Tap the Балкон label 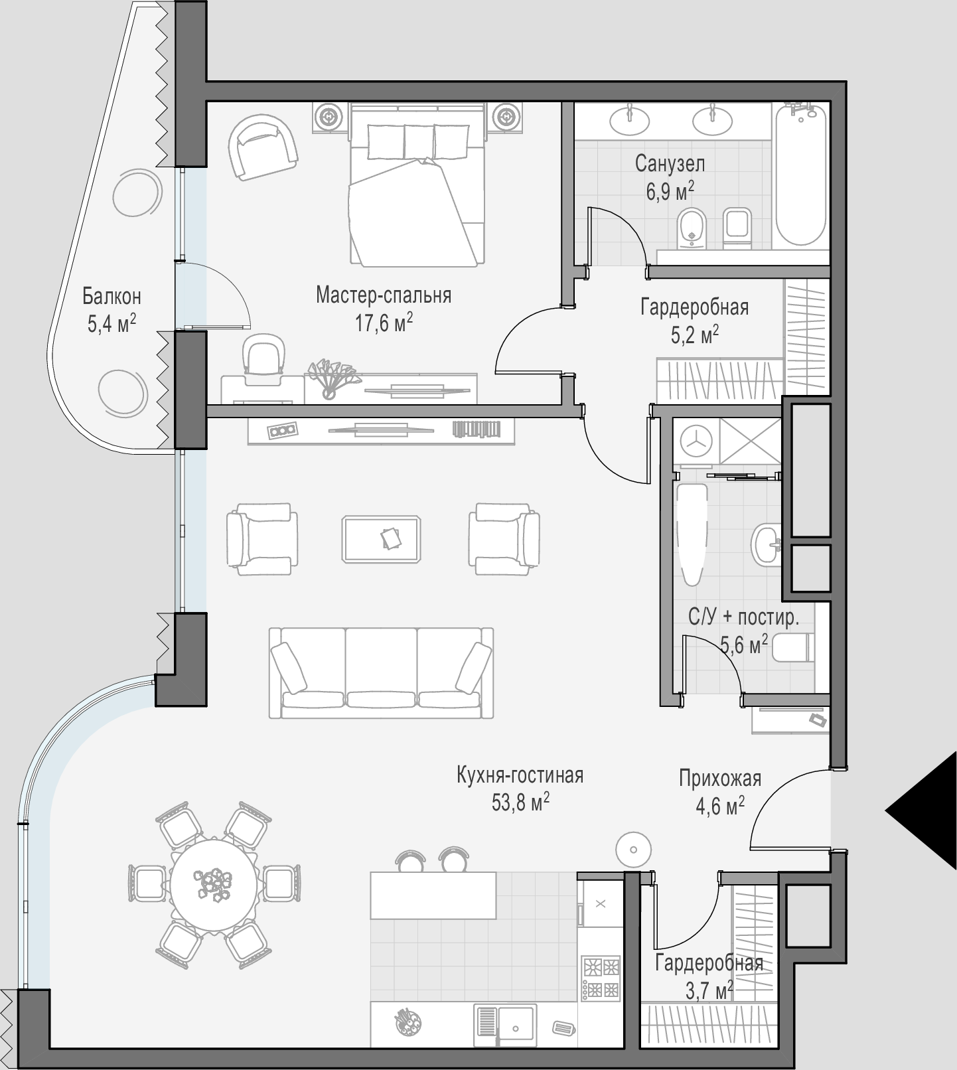pyautogui.click(x=111, y=295)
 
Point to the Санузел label pyautogui.click(x=670, y=163)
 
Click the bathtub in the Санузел pyautogui.click(x=800, y=175)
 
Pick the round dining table pyautogui.click(x=214, y=883)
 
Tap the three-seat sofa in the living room pyautogui.click(x=381, y=673)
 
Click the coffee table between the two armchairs pyautogui.click(x=382, y=540)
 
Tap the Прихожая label pyautogui.click(x=719, y=778)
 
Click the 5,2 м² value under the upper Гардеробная pyautogui.click(x=695, y=335)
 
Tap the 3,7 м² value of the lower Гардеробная pyautogui.click(x=708, y=991)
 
